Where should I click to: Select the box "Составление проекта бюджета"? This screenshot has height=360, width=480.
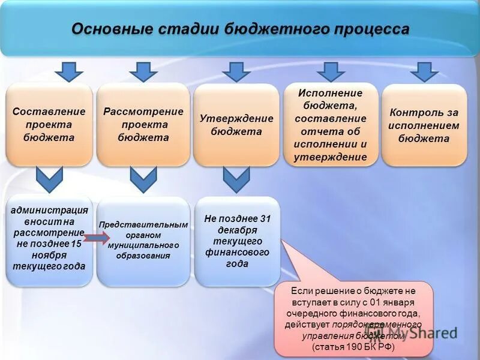point(49,125)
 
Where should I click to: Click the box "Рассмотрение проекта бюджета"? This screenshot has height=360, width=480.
point(143,125)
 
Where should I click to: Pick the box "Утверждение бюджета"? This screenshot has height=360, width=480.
point(236,125)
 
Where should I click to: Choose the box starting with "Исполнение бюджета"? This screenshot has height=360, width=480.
point(330,125)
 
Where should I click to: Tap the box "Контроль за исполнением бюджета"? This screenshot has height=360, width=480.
point(424,125)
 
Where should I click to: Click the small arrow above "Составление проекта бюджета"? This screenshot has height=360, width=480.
point(68,71)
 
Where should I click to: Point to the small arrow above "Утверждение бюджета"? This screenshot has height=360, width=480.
point(237,71)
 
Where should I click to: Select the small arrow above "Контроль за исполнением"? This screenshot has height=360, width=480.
point(424,71)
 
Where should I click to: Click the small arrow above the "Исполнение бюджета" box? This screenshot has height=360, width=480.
point(331,71)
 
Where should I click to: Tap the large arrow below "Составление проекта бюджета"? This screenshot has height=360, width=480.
point(49,179)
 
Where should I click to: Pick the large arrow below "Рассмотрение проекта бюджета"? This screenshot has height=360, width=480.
point(143,179)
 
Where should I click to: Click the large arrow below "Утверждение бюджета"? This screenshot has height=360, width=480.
point(236,179)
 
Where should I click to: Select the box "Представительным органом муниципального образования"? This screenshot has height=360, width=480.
point(143,240)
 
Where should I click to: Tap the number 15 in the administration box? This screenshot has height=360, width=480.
point(76,244)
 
